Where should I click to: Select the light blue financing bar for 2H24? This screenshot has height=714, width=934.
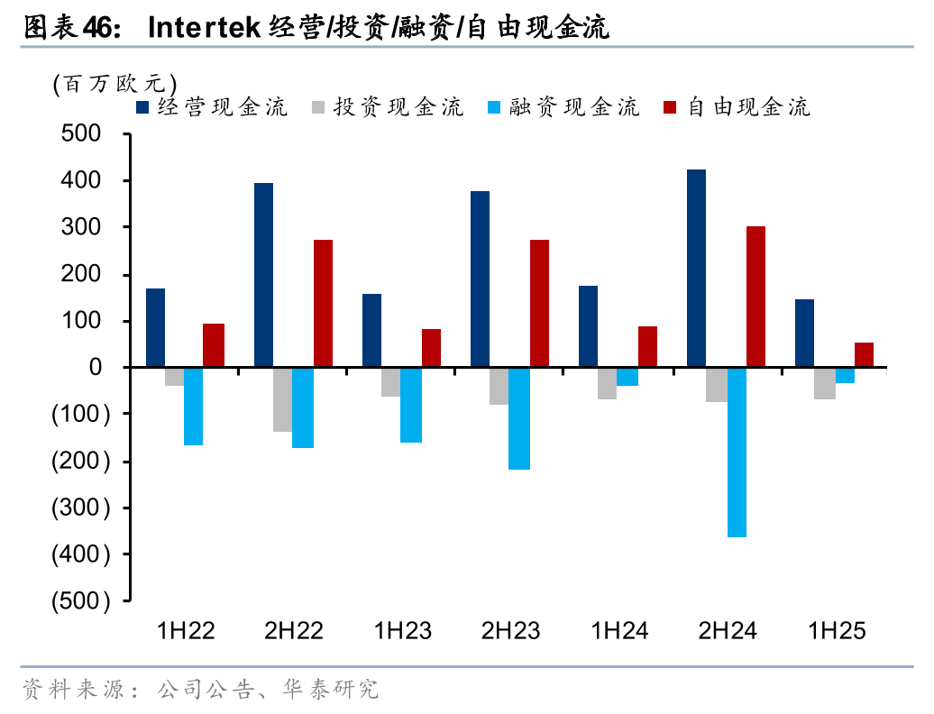pyautogui.click(x=737, y=452)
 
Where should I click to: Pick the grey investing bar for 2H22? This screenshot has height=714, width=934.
pyautogui.click(x=282, y=399)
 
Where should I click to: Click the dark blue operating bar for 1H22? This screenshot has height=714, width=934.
pyautogui.click(x=155, y=327)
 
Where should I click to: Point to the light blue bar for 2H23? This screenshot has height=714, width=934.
pyautogui.click(x=519, y=418)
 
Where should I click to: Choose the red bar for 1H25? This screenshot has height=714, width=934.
pyautogui.click(x=864, y=354)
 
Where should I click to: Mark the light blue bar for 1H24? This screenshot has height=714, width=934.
pyautogui.click(x=627, y=376)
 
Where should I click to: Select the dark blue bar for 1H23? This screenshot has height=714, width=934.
pyautogui.click(x=371, y=330)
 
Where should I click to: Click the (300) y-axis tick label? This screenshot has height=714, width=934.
pyautogui.click(x=81, y=508)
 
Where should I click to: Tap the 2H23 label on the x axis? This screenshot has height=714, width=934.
pyautogui.click(x=510, y=630)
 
